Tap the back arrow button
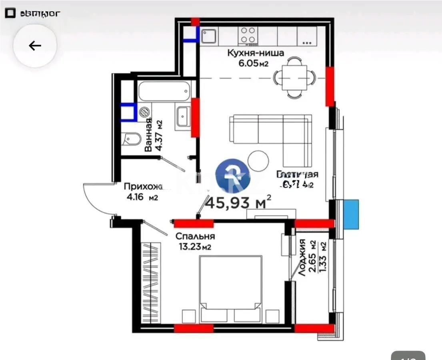tap(35, 46)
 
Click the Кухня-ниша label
tap(256, 53)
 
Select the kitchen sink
tap(209, 36)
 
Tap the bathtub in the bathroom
tap(164, 91)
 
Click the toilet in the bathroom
tap(132, 140)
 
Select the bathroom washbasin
tap(183, 116)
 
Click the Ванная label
tap(148, 135)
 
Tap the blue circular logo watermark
tap(233, 176)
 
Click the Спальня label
tap(195, 236)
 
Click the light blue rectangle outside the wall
tap(351, 214)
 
